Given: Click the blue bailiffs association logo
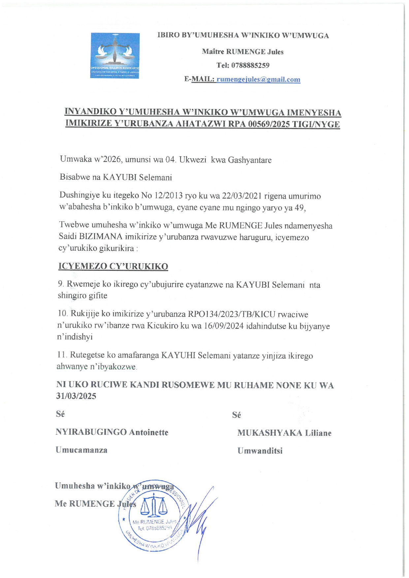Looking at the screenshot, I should [x=115, y=55].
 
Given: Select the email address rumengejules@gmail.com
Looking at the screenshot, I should [x=258, y=79].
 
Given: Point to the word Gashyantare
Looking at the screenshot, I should [x=250, y=160].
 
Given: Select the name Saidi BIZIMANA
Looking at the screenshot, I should [x=91, y=237].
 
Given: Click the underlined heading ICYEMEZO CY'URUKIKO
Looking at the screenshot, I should [x=113, y=266].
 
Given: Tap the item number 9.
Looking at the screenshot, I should [x=60, y=284].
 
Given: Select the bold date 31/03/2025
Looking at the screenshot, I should [x=76, y=396].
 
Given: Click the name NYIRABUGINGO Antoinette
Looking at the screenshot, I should [x=112, y=432].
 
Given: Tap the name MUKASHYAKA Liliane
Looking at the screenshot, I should [x=284, y=433].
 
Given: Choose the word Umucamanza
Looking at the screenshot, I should [x=81, y=450].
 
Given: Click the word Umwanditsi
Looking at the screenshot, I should [x=260, y=451].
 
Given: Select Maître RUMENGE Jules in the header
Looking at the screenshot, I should [x=242, y=52].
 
